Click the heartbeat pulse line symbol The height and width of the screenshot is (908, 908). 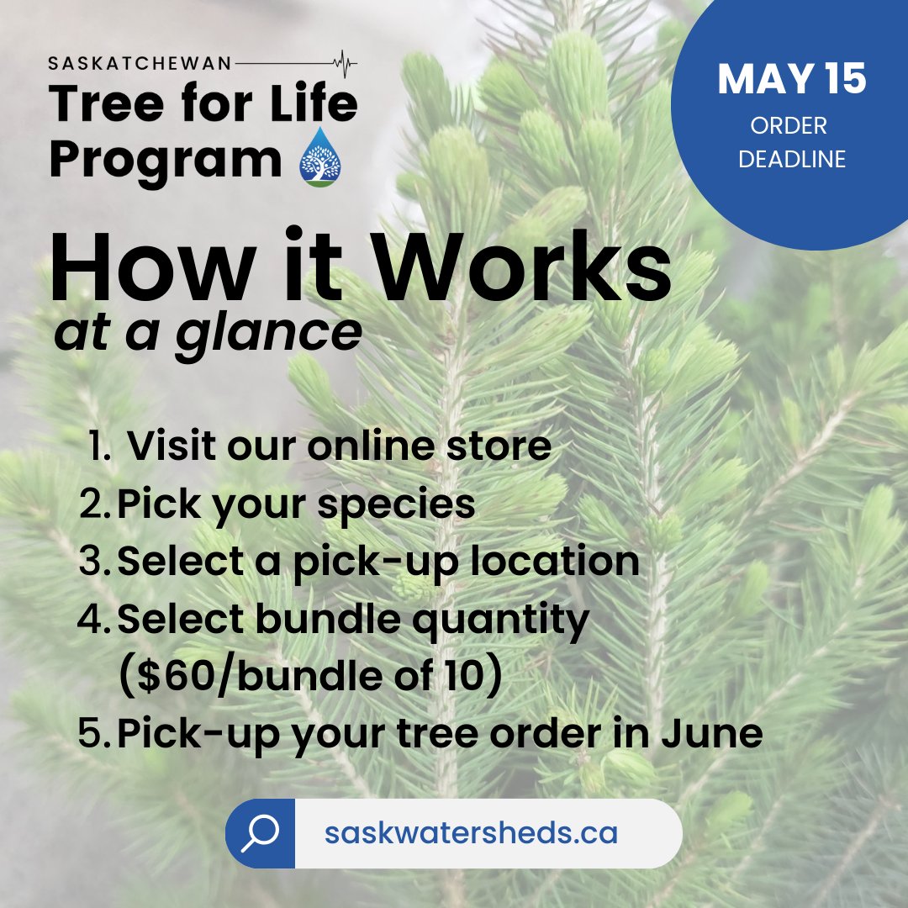[x=342, y=62]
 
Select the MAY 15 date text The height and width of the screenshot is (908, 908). [x=791, y=80]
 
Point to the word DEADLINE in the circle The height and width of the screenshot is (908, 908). [x=791, y=159]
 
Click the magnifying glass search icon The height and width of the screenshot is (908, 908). [x=261, y=833]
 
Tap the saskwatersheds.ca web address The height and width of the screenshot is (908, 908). [x=471, y=833]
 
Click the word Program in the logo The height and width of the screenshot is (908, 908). [x=165, y=161]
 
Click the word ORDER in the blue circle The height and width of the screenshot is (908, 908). [x=789, y=126]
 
